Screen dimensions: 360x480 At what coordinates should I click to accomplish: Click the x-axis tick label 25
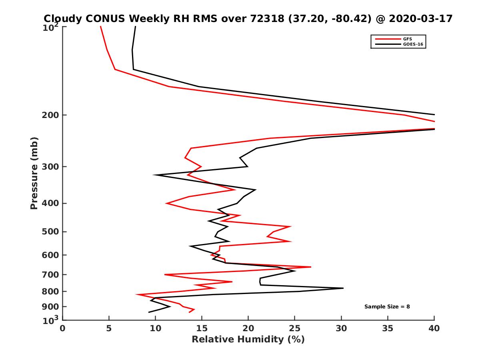[295, 328]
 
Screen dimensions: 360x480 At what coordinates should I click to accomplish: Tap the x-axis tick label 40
[434, 328]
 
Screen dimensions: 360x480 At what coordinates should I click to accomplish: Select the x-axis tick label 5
[109, 328]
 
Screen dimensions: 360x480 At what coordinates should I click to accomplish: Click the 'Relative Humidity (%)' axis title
[248, 340]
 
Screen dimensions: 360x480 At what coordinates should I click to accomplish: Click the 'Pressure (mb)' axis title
[34, 173]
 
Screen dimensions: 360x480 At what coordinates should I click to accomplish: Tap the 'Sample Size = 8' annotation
[387, 307]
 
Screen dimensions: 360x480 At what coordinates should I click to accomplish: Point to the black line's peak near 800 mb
[343, 288]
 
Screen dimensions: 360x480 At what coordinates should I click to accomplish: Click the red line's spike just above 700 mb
[310, 267]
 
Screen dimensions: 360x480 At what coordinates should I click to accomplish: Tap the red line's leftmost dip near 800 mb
[137, 295]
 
